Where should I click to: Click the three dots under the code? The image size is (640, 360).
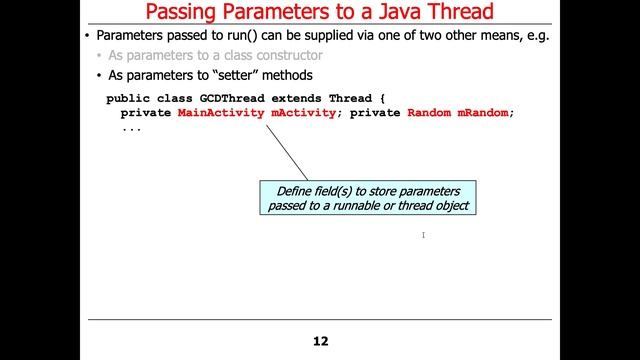click(131, 128)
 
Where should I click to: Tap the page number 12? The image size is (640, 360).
click(320, 341)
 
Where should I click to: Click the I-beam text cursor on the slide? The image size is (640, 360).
click(424, 235)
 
